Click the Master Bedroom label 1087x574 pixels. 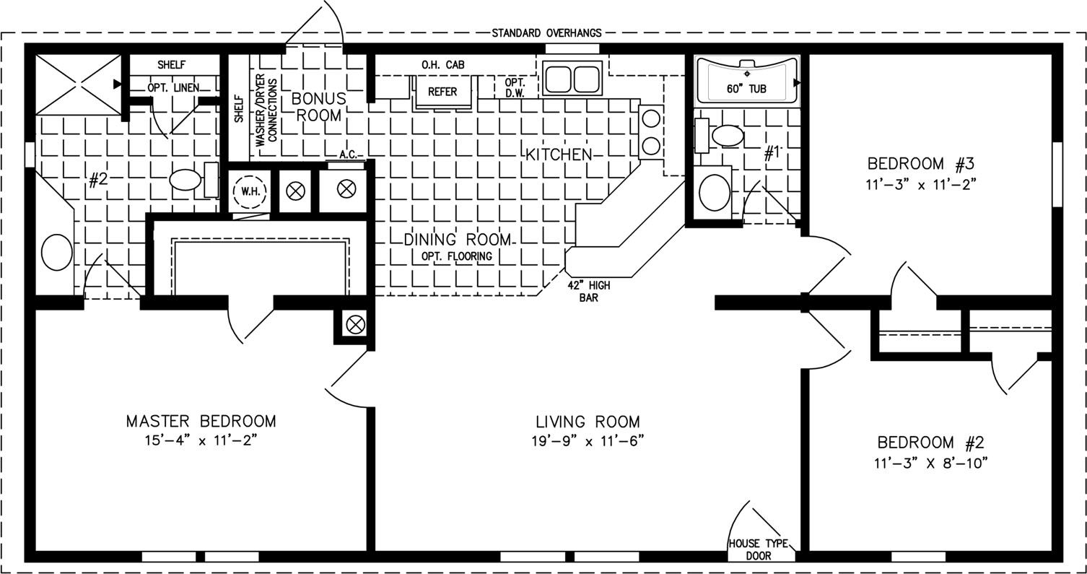coord(201,420)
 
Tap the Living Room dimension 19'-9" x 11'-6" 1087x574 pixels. coord(588,441)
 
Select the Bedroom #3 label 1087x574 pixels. coord(920,164)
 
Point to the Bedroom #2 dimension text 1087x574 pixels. coord(931,463)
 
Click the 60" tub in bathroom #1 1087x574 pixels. coord(747,81)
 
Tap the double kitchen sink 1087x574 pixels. coord(572,79)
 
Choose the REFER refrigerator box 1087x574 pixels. coord(442,91)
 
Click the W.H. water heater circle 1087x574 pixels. coord(250,191)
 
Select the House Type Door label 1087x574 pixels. coord(758,549)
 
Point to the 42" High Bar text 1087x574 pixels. coord(589,292)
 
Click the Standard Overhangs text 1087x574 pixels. coord(546,33)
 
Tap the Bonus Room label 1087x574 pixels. coord(319,107)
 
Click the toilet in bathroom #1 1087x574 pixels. coord(720,136)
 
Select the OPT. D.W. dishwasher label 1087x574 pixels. coord(515,88)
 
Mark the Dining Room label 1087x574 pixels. coord(458,240)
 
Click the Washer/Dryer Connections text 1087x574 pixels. coord(266,110)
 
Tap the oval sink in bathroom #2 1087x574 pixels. coord(57,252)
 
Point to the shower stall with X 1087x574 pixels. coord(78,84)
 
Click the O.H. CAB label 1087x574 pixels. coord(442,64)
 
